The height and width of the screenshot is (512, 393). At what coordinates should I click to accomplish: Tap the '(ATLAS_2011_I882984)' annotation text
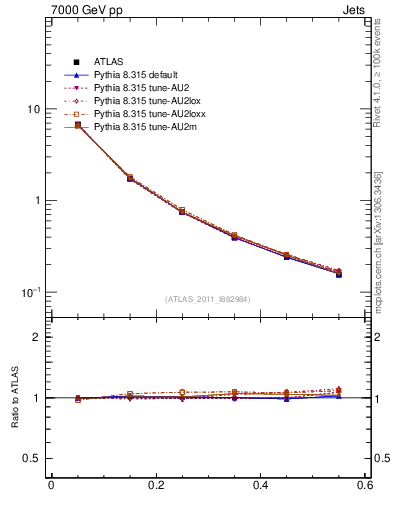click(x=209, y=299)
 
